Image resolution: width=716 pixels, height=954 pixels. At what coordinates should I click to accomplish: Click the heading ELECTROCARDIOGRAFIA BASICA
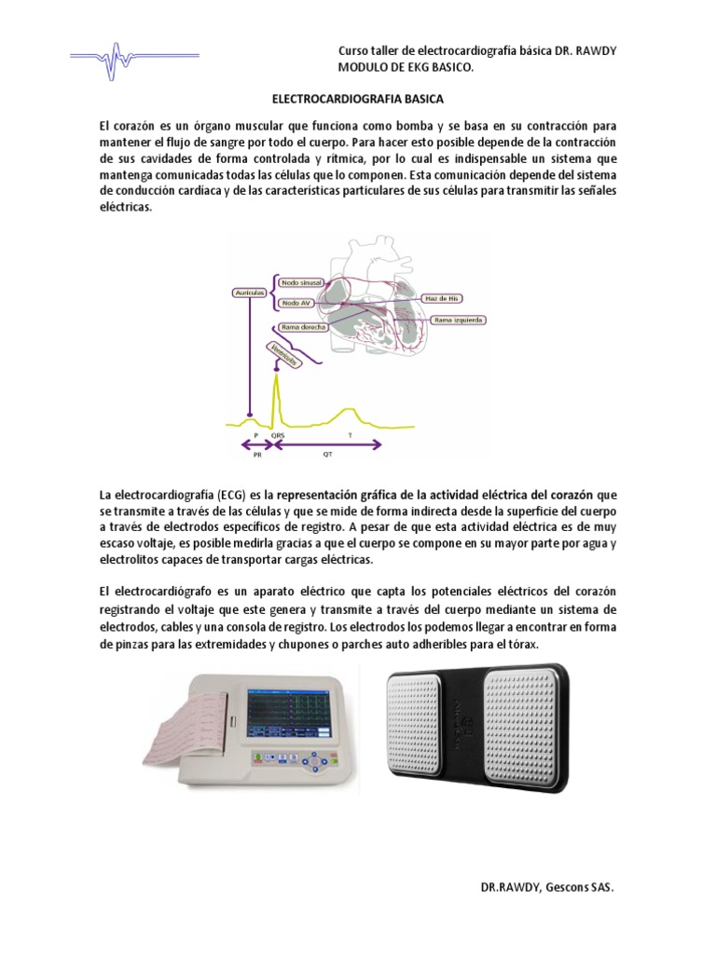[x=357, y=97]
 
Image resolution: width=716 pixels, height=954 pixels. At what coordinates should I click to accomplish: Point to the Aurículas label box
[x=249, y=293]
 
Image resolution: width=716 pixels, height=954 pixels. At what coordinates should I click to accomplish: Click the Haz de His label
[x=443, y=298]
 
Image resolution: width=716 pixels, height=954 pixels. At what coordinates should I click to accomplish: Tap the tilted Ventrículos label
[x=283, y=354]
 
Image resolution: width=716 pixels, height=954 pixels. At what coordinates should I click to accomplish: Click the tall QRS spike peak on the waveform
[x=276, y=374]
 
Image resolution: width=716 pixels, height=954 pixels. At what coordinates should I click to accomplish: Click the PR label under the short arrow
[x=258, y=456]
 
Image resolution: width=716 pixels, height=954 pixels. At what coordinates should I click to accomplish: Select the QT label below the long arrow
[x=327, y=456]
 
